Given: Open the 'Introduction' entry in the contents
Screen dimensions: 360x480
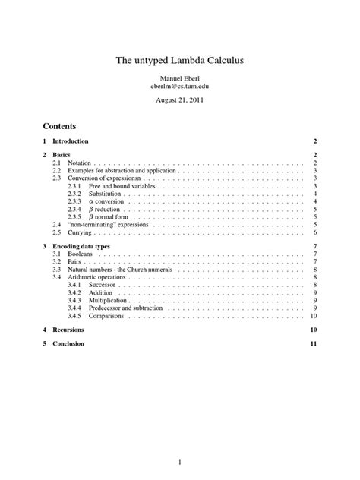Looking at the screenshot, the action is click(71, 142).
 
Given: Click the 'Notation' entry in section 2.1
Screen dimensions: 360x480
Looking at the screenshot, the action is click(79, 163).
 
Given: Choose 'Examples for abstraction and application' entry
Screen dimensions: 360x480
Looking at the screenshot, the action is click(122, 172).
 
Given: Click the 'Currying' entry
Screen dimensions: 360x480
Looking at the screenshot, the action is click(79, 232).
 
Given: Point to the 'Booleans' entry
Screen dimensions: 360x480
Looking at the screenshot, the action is click(80, 255).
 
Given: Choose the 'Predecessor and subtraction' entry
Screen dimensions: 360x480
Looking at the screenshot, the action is click(128, 308).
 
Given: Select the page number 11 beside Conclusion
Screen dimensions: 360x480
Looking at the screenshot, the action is click(313, 344).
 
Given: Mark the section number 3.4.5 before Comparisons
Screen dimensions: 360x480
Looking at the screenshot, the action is click(75, 316).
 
